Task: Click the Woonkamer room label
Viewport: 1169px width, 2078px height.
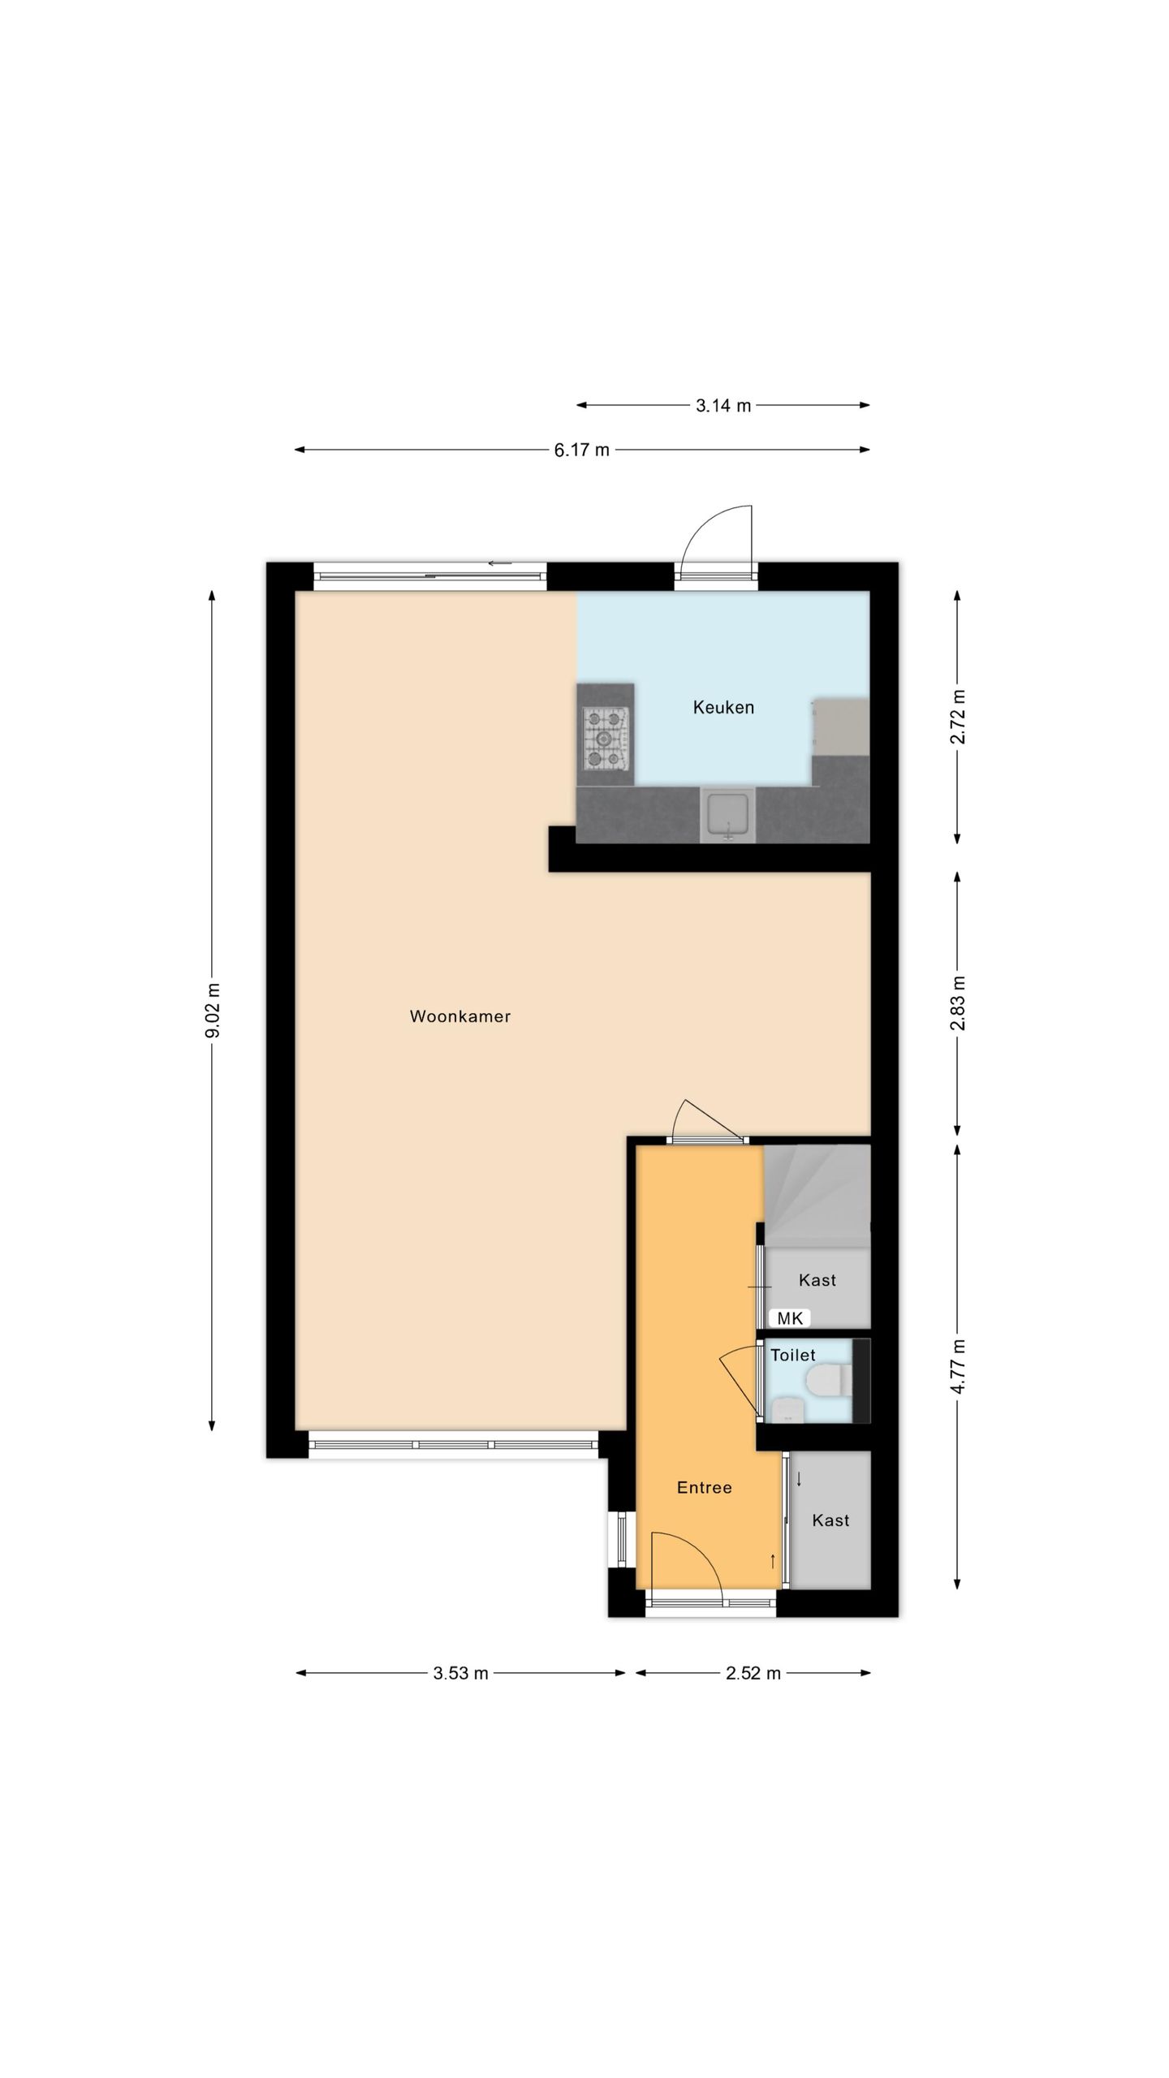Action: (x=460, y=1016)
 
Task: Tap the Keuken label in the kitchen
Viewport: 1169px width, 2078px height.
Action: (x=723, y=707)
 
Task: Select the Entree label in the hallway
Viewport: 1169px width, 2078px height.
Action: (x=705, y=1487)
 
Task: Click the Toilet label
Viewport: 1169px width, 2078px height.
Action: (x=793, y=1355)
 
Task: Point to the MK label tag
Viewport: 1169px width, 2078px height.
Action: (x=790, y=1318)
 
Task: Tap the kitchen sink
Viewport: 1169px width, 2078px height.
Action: (x=727, y=816)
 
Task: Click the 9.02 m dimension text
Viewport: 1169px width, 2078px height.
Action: (x=213, y=1010)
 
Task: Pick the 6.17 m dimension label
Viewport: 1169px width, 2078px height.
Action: (x=581, y=450)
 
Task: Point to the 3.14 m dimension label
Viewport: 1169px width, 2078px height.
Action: (x=723, y=405)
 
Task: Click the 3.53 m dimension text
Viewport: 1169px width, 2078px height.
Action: (x=461, y=1673)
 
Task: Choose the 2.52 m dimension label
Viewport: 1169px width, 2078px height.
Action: (x=753, y=1673)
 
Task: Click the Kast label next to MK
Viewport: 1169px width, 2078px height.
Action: (x=817, y=1280)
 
